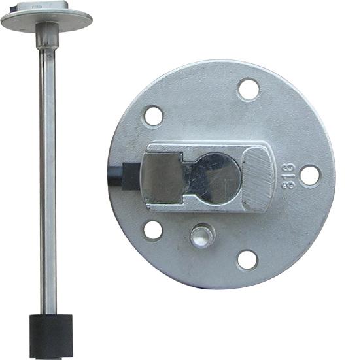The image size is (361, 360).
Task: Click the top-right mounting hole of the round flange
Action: coord(249,90)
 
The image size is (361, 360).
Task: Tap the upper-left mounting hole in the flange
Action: coord(153,116)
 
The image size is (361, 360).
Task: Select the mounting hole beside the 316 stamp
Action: coord(310,175)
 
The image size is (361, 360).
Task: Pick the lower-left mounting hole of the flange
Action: coord(153,231)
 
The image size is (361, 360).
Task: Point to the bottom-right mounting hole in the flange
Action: coord(248,260)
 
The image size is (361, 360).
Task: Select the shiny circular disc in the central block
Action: coord(219,179)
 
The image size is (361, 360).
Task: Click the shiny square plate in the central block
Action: coord(162,178)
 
